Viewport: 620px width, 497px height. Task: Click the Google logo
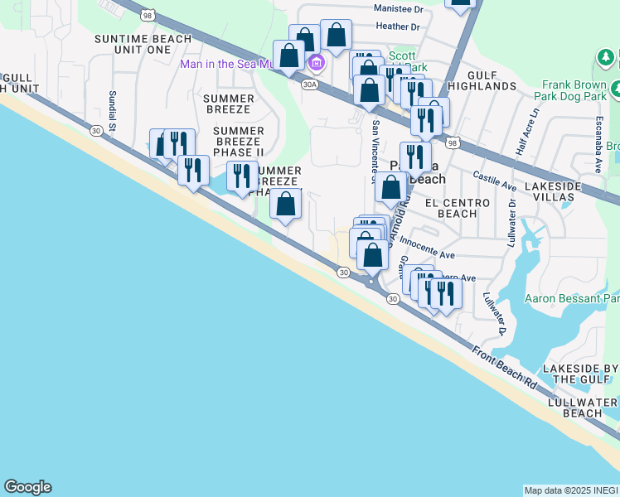(x=27, y=487)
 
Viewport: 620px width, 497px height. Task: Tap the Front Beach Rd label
(x=506, y=365)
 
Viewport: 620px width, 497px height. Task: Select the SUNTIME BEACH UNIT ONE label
(x=143, y=44)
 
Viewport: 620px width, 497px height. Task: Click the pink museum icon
(x=315, y=63)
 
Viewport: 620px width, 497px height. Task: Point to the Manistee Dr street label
(x=398, y=9)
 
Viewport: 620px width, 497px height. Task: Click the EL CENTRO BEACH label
(x=450, y=208)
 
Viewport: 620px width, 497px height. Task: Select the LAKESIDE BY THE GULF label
(x=580, y=373)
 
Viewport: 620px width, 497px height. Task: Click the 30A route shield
(x=309, y=84)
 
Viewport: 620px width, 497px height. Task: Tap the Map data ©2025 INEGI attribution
(x=571, y=490)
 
